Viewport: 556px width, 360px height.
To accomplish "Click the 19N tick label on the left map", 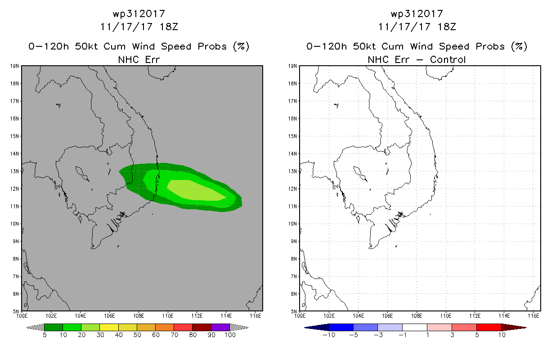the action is (14, 66).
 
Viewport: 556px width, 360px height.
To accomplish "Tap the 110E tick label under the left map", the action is (167, 316).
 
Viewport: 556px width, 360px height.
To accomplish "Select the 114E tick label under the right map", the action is (504, 316).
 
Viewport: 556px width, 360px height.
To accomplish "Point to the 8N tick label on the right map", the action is (294, 259).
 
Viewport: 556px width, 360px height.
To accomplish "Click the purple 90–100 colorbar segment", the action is (220, 327).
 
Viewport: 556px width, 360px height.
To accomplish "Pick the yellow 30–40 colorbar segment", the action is (109, 327).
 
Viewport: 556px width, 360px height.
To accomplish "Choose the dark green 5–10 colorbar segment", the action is (54, 327).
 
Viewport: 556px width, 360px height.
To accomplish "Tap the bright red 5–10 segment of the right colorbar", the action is (489, 327).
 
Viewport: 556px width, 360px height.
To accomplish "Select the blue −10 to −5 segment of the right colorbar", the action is (341, 327).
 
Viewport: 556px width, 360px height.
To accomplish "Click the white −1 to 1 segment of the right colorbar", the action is (415, 327).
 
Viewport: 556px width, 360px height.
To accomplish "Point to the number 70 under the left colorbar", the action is (174, 335).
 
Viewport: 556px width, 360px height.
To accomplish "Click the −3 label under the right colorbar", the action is (378, 335).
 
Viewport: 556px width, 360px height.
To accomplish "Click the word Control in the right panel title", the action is (448, 60).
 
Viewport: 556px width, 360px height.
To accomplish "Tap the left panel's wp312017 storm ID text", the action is (139, 14).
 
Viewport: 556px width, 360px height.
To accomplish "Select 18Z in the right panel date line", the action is (447, 27).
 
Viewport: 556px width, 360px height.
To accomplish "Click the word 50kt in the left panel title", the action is (86, 46).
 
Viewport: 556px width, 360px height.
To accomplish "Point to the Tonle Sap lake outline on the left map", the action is (82, 174).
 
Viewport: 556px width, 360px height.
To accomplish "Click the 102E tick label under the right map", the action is (329, 316).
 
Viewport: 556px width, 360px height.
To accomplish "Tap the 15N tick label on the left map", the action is (14, 136).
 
